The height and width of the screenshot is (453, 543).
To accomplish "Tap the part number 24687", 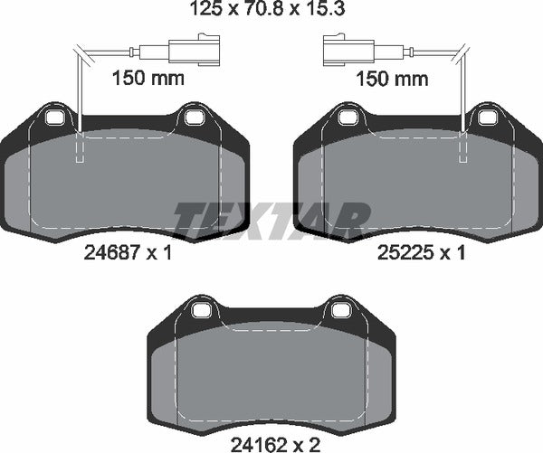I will click(x=100, y=254).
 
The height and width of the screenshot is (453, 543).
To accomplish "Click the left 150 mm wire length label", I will click(x=148, y=79).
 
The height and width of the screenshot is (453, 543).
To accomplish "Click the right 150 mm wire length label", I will click(x=391, y=79).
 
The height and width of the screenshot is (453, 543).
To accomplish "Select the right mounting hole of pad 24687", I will click(x=193, y=117).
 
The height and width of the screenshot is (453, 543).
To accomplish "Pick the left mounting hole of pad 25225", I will click(x=348, y=117).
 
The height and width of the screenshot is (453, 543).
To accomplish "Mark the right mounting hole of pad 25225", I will click(x=487, y=117).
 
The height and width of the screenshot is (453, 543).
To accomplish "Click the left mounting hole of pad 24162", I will click(x=201, y=312).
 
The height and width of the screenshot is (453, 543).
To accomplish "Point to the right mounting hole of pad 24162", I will click(x=340, y=312).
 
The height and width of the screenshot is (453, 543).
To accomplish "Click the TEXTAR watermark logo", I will click(x=271, y=220).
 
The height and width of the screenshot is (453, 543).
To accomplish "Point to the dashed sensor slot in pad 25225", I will click(x=463, y=148).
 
